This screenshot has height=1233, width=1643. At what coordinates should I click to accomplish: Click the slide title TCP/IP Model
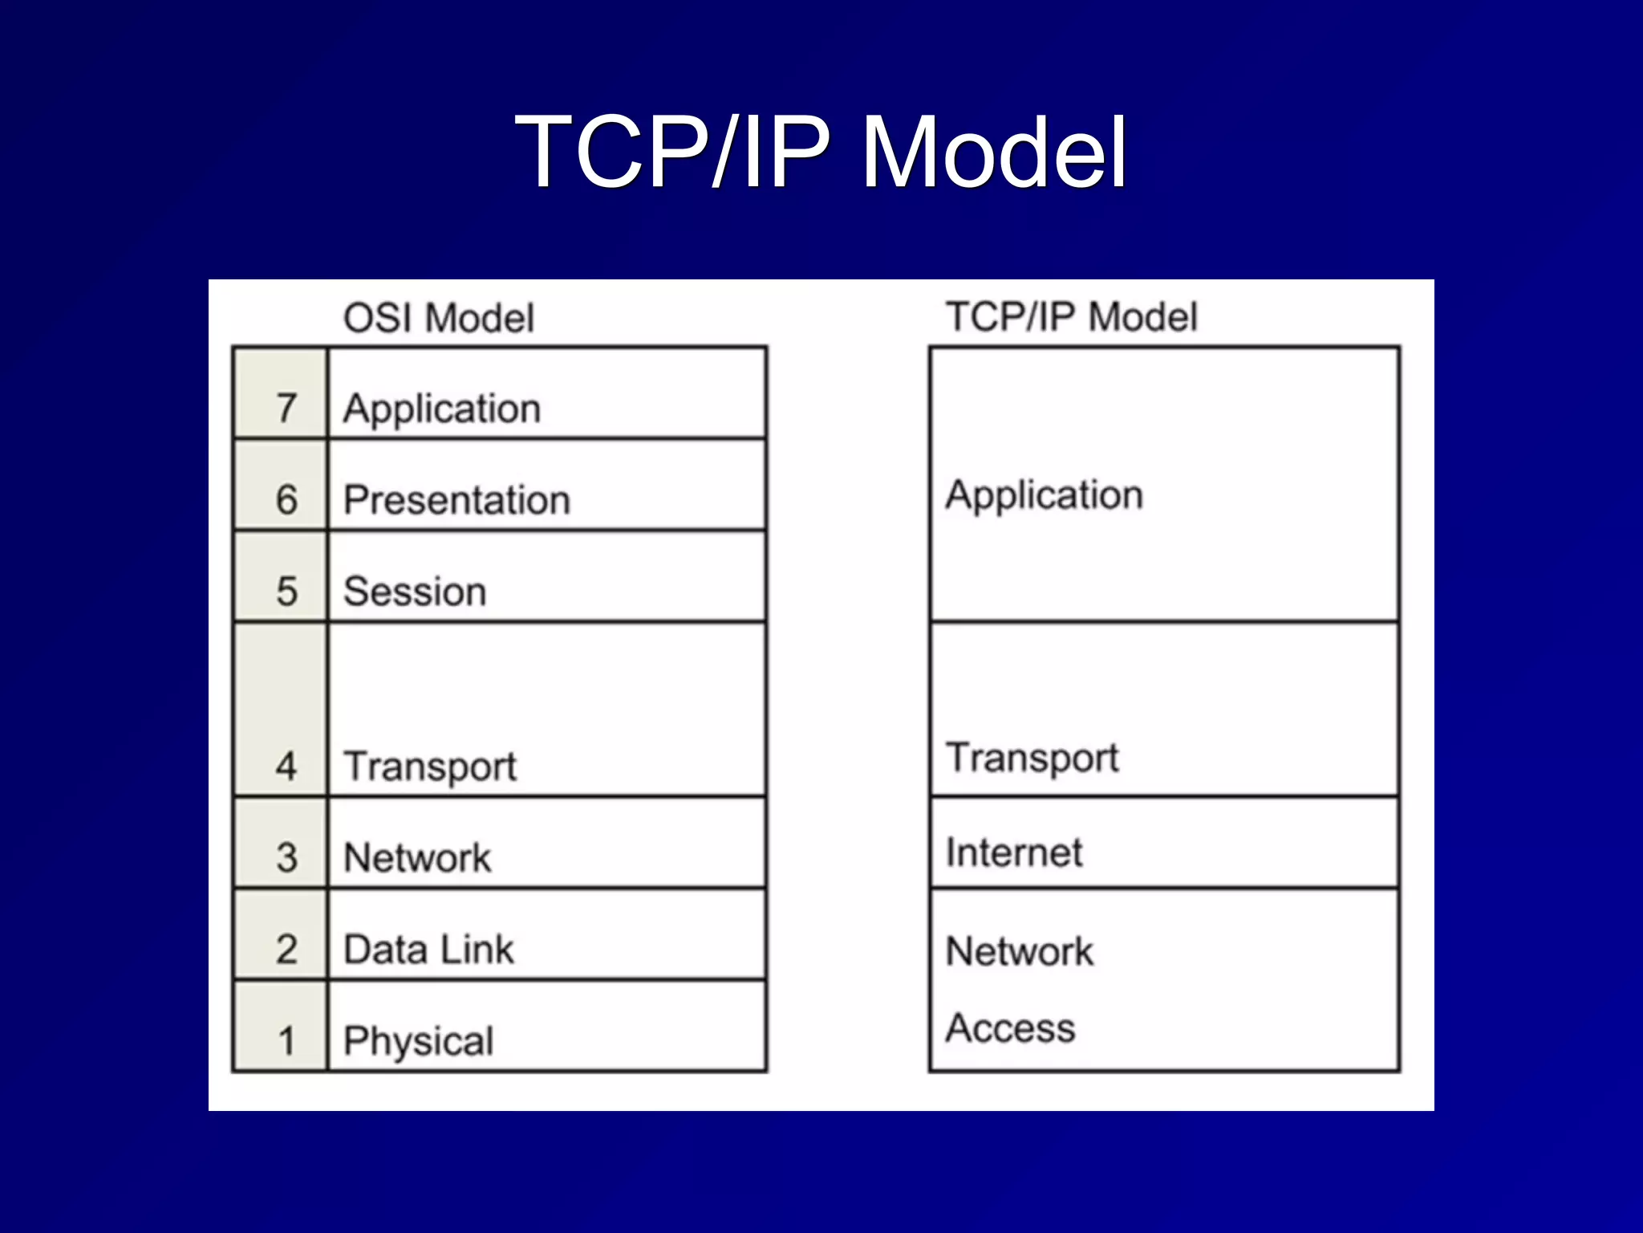(x=821, y=152)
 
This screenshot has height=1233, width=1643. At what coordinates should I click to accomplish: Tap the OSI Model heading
(x=438, y=318)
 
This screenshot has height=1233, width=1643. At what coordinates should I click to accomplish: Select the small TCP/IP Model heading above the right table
(x=1072, y=316)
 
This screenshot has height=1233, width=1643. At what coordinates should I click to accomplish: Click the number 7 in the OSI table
(x=286, y=408)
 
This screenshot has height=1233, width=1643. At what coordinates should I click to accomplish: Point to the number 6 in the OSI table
(x=286, y=499)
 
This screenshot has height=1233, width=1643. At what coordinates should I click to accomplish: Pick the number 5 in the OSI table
(x=286, y=592)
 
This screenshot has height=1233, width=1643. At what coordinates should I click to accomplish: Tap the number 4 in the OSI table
(x=286, y=765)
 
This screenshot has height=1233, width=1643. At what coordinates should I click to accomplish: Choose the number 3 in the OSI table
(x=286, y=857)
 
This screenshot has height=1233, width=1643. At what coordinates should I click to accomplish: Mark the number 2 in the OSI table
(x=286, y=950)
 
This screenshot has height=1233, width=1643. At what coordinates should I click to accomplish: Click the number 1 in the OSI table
(x=286, y=1041)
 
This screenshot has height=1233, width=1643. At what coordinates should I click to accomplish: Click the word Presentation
(x=456, y=500)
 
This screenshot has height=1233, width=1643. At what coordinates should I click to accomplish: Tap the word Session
(x=415, y=592)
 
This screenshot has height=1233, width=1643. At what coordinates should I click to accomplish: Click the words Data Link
(x=428, y=950)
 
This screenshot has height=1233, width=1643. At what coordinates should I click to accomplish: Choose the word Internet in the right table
(x=1014, y=853)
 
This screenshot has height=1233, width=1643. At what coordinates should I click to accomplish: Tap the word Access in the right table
(x=1010, y=1028)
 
